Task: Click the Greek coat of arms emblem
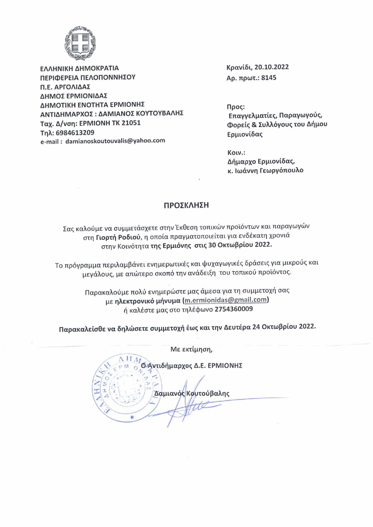pos(80,43)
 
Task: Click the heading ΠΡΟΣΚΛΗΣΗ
pos(186,205)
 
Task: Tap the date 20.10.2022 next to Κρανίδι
pos(271,67)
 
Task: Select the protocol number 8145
pos(269,78)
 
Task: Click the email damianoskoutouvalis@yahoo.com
pos(115,141)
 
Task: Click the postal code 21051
pos(131,122)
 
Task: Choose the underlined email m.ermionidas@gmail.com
pos(225,300)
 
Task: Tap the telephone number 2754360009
pos(234,309)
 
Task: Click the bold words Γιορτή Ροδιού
pos(118,237)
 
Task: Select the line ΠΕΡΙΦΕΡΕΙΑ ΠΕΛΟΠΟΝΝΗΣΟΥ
pos(88,77)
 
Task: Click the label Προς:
pos(236,107)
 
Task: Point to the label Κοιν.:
pos(236,152)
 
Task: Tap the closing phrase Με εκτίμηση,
pos(191,349)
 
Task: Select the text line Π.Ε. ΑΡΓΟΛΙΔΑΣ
pos(65,87)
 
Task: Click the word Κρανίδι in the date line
pos(238,67)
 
